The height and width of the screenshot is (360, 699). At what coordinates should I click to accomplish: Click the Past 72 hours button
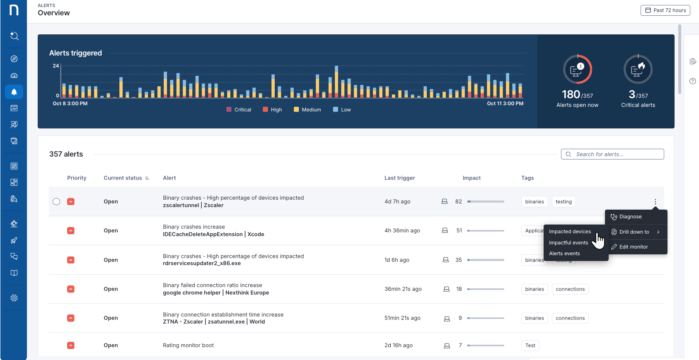click(x=665, y=10)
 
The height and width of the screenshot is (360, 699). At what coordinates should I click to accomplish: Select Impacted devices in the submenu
click(x=570, y=232)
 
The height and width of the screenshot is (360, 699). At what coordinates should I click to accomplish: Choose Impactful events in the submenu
click(x=568, y=243)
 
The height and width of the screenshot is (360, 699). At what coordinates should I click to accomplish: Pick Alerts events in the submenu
click(x=564, y=254)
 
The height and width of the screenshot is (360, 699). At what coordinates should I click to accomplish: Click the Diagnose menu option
click(x=630, y=217)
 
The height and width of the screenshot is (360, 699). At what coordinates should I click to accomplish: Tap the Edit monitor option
click(x=633, y=247)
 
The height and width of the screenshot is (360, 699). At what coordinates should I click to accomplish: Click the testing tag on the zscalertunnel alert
click(x=564, y=202)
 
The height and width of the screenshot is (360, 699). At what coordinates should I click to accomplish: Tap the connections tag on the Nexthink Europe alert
click(x=570, y=289)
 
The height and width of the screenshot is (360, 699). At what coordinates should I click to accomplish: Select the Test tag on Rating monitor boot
click(x=530, y=346)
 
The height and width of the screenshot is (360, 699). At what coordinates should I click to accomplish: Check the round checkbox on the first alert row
click(x=56, y=202)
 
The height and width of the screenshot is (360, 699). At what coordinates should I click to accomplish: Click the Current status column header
click(x=123, y=178)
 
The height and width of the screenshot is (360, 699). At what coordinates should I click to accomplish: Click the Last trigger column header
click(x=399, y=178)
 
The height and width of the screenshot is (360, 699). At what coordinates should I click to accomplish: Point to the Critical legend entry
click(x=239, y=110)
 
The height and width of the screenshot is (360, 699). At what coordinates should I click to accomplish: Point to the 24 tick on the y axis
click(x=56, y=66)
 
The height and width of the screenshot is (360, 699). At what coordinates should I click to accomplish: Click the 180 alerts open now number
click(x=571, y=95)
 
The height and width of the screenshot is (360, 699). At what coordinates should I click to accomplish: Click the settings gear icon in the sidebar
click(x=14, y=298)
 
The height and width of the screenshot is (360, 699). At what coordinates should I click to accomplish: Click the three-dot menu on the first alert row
click(x=655, y=202)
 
